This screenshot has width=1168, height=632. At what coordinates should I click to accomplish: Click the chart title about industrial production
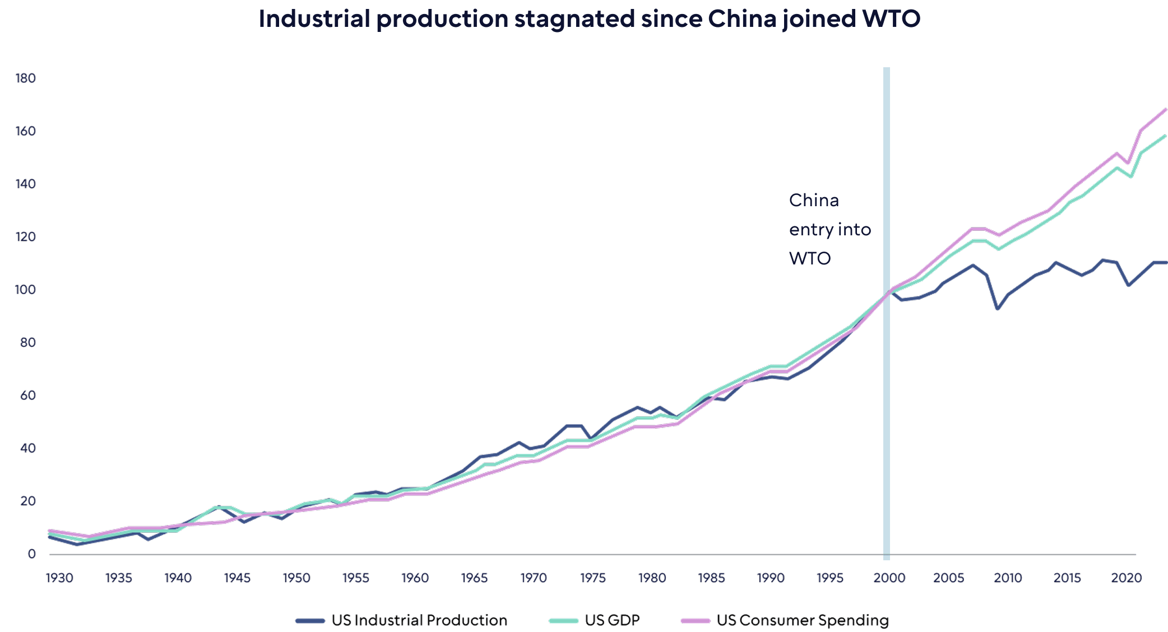tap(588, 19)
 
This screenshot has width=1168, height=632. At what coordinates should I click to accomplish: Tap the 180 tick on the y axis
tap(26, 78)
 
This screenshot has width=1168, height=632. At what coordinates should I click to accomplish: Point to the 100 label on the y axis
tap(26, 290)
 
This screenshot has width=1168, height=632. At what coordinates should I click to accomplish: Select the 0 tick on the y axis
tap(31, 554)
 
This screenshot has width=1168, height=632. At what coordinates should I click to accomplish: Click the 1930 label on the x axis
tap(59, 578)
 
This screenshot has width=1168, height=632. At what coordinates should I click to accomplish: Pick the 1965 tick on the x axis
tap(474, 578)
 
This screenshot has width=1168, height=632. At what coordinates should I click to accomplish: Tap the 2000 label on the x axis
tap(889, 578)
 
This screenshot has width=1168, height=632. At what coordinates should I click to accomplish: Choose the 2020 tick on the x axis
tap(1127, 578)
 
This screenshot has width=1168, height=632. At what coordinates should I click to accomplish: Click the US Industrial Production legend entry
tap(419, 620)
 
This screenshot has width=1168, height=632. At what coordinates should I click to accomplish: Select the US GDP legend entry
tap(611, 620)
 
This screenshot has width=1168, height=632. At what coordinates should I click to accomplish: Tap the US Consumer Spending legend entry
tap(803, 620)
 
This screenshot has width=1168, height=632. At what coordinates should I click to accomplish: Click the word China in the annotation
tap(814, 201)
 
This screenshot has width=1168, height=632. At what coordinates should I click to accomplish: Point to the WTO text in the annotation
tap(810, 258)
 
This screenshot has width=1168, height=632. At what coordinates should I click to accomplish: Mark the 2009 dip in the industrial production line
tap(998, 309)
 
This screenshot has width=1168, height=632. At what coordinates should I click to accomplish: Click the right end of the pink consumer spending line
tap(1165, 110)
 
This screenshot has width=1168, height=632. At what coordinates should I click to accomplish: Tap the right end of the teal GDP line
tap(1165, 136)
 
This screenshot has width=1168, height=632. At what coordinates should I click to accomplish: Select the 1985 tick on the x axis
tap(711, 578)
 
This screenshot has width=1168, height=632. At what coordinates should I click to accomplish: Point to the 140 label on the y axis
tap(26, 184)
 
